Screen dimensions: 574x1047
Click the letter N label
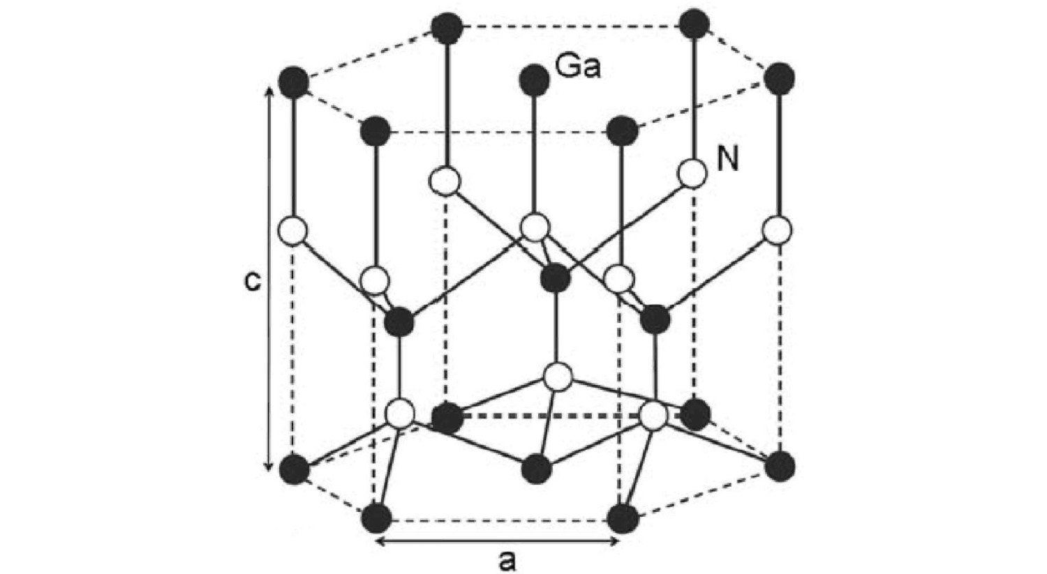727,160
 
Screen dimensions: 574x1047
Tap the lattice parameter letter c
253,280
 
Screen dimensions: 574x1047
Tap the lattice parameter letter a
507,560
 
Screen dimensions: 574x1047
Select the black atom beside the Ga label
534,80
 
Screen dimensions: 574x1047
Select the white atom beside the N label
692,174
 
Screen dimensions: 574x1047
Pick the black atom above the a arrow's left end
377,518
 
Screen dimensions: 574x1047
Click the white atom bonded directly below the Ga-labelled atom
535,227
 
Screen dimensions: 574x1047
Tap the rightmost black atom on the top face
779,78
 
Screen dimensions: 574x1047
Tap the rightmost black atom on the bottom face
779,465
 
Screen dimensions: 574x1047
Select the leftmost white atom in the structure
292,231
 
